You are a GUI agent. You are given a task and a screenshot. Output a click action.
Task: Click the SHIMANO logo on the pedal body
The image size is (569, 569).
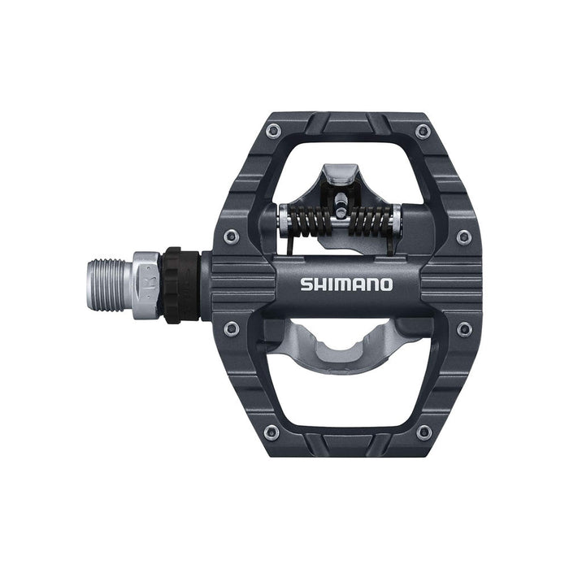pyautogui.click(x=346, y=284)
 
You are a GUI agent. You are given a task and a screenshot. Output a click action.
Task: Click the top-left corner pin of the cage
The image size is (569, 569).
pyautogui.click(x=271, y=131)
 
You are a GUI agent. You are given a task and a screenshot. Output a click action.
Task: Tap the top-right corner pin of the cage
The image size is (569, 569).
pyautogui.click(x=423, y=131)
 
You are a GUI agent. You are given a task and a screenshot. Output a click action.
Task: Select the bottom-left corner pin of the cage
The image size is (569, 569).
pyautogui.click(x=271, y=432)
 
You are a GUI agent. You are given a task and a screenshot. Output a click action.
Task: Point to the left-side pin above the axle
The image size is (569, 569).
pyautogui.click(x=232, y=237)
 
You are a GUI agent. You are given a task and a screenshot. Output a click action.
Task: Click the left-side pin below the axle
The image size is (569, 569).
pyautogui.click(x=232, y=328)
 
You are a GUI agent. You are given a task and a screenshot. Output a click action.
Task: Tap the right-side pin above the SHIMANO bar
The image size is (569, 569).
pyautogui.click(x=463, y=237)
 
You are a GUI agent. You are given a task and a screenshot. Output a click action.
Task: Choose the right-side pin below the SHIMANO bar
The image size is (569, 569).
pyautogui.click(x=464, y=328)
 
